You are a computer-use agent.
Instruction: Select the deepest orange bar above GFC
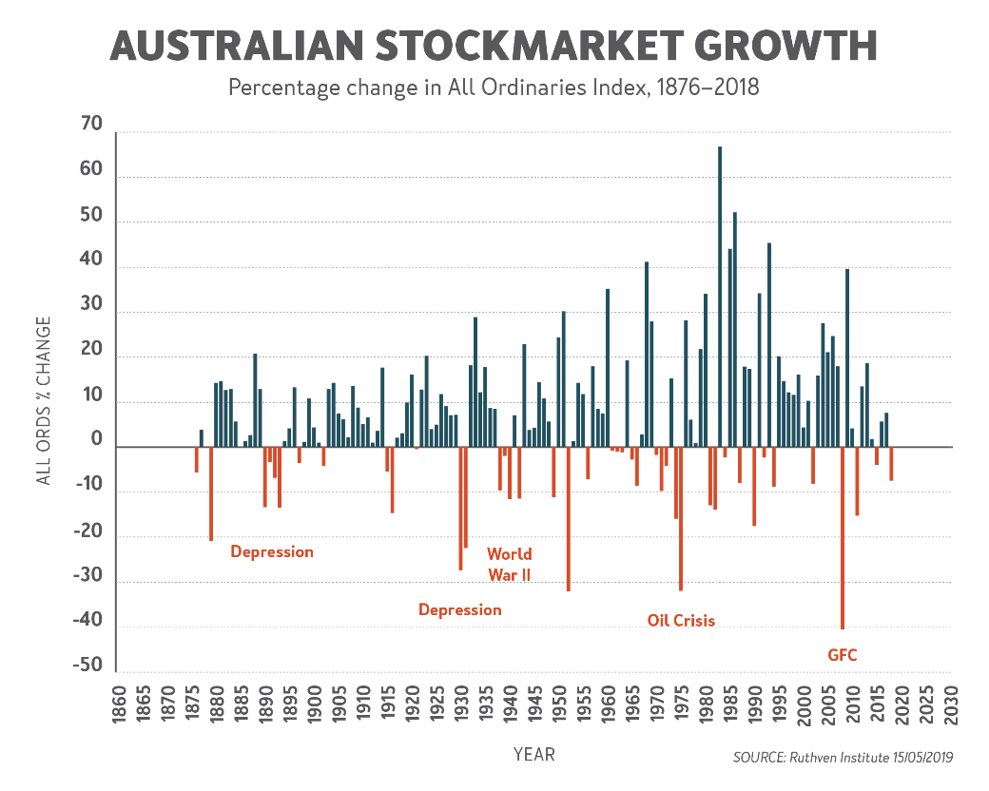pyautogui.click(x=843, y=538)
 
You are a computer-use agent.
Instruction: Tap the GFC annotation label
pyautogui.click(x=843, y=655)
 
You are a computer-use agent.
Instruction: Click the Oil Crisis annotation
pyautogui.click(x=681, y=621)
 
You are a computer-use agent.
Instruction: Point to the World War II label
pyautogui.click(x=510, y=564)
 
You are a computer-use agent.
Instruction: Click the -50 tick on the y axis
pyautogui.click(x=87, y=666)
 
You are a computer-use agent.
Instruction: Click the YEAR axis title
pyautogui.click(x=533, y=755)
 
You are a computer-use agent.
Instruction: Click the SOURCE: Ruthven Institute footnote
pyautogui.click(x=843, y=758)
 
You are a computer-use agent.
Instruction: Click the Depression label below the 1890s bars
pyautogui.click(x=272, y=551)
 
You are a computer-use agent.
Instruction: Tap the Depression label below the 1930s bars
pyautogui.click(x=460, y=609)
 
